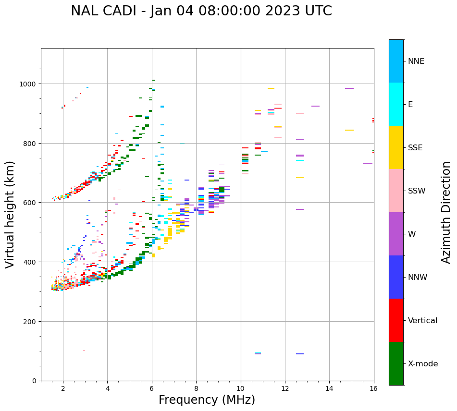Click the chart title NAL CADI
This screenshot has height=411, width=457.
pyautogui.click(x=201, y=11)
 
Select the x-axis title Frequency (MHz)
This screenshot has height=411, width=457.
pyautogui.click(x=207, y=400)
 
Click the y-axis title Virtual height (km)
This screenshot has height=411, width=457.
pyautogui.click(x=10, y=214)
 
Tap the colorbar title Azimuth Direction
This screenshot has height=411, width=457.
pyautogui.click(x=446, y=212)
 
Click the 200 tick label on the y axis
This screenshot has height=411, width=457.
pyautogui.click(x=30, y=321)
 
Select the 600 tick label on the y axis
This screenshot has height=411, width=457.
pyautogui.click(x=30, y=203)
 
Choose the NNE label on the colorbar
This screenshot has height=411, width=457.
pyautogui.click(x=416, y=61)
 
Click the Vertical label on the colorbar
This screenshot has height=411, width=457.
pyautogui.click(x=422, y=320)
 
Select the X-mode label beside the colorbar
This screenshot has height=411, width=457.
pyautogui.click(x=423, y=363)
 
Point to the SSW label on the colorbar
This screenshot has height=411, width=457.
pyautogui.click(x=417, y=191)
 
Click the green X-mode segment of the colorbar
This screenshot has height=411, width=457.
pyautogui.click(x=396, y=363)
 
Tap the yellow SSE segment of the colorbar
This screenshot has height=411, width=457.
pyautogui.click(x=396, y=147)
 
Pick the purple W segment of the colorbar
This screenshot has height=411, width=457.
pyautogui.click(x=396, y=234)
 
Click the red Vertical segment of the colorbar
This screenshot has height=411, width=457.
pyautogui.click(x=396, y=320)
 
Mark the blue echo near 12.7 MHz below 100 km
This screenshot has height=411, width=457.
pyautogui.click(x=300, y=354)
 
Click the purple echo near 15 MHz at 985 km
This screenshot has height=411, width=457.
pyautogui.click(x=349, y=88)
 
